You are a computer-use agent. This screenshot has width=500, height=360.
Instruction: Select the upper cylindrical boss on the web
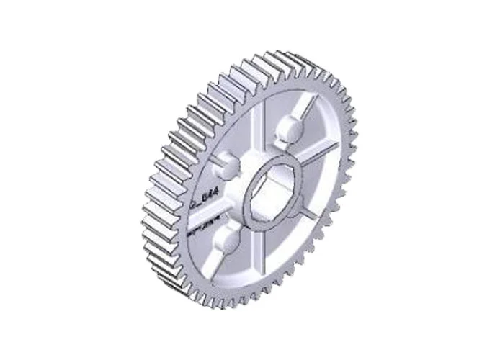287,128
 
